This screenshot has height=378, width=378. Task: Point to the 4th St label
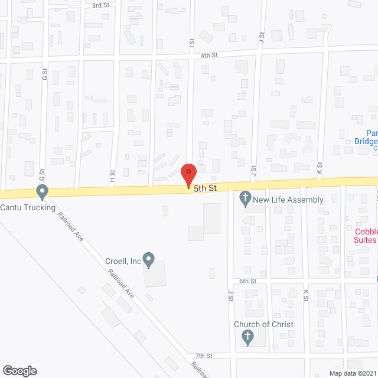point(209,55)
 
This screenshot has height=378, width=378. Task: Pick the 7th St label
point(204,356)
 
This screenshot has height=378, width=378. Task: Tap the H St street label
point(111,175)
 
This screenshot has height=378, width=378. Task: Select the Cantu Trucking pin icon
point(42,192)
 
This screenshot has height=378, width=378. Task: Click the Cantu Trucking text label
point(28,207)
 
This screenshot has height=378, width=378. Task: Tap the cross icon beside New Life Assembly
point(246,200)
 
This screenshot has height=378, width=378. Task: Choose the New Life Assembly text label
point(288,200)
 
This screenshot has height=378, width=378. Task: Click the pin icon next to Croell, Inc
point(149,259)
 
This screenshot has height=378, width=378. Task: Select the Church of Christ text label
point(263,324)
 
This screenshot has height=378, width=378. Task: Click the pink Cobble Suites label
point(366,236)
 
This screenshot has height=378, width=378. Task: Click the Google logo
point(19,370)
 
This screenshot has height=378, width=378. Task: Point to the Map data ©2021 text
point(352,373)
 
